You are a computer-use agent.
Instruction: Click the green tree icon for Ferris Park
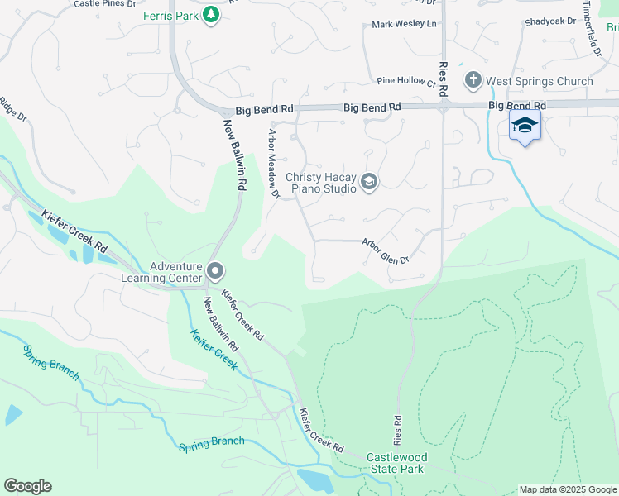[x=211, y=14]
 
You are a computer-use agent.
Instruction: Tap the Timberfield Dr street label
[x=592, y=28]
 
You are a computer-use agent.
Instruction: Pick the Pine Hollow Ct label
[x=405, y=82]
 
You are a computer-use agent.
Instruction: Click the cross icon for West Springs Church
[x=473, y=80]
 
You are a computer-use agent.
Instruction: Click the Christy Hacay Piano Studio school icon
[x=369, y=183]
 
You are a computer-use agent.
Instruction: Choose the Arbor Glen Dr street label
[x=385, y=252]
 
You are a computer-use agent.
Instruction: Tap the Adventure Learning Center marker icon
[x=215, y=270]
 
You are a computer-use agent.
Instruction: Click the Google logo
[x=27, y=486]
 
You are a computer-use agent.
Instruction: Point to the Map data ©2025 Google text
[x=567, y=489]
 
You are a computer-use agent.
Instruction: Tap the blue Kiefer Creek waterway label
[x=214, y=350]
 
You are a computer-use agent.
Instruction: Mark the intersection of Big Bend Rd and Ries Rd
[x=443, y=107]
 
